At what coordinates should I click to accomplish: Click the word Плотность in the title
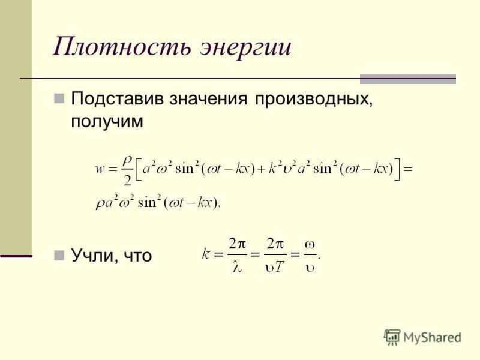122,46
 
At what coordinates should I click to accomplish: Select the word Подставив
117,98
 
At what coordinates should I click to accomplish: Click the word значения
208,99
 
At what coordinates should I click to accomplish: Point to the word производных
314,100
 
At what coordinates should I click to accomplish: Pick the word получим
107,122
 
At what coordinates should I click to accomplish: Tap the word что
138,256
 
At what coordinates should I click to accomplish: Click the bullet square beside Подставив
59,98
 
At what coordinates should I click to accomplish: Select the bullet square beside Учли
59,256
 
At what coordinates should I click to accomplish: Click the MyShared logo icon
392,337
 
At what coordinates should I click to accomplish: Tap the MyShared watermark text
432,337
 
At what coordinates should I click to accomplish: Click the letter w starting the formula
100,169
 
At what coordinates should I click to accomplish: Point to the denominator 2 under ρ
127,181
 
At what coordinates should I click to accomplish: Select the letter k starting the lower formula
205,254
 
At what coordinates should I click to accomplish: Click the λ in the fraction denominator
237,267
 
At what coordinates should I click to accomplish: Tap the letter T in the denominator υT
278,267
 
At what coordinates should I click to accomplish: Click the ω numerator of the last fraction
310,245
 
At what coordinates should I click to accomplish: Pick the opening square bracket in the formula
138,169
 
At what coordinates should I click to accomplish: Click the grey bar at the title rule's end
408,79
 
